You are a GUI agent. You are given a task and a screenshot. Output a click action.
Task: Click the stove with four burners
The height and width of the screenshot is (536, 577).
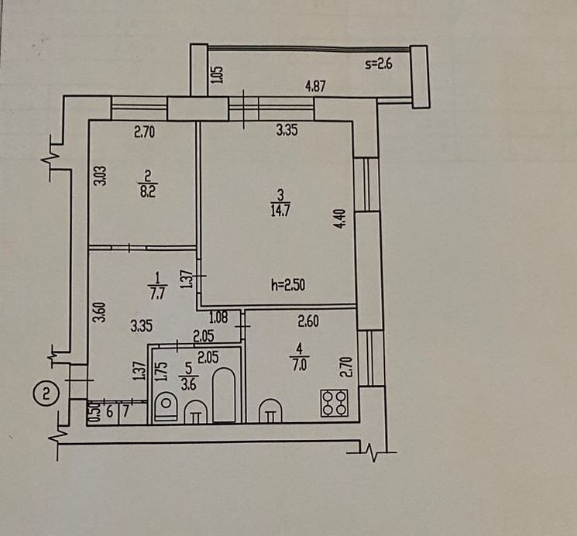(x=335, y=402)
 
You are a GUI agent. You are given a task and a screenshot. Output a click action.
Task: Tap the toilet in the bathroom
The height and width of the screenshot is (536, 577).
(x=166, y=405)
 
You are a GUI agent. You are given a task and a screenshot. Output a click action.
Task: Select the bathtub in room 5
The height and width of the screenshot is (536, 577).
(x=224, y=396)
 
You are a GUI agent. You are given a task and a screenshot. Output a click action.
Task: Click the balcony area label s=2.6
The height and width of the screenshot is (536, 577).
(x=379, y=65)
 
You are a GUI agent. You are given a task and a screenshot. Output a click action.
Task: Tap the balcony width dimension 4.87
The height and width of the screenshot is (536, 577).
(x=315, y=87)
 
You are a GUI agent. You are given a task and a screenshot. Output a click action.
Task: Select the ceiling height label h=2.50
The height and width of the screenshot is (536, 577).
(x=289, y=285)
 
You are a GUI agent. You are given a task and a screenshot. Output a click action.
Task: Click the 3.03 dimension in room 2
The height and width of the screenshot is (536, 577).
(x=99, y=172)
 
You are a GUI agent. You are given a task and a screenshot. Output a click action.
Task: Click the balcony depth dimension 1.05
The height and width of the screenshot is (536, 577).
(x=217, y=74)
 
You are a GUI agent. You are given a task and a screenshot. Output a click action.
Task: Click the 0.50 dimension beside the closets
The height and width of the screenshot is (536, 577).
(x=94, y=412)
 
